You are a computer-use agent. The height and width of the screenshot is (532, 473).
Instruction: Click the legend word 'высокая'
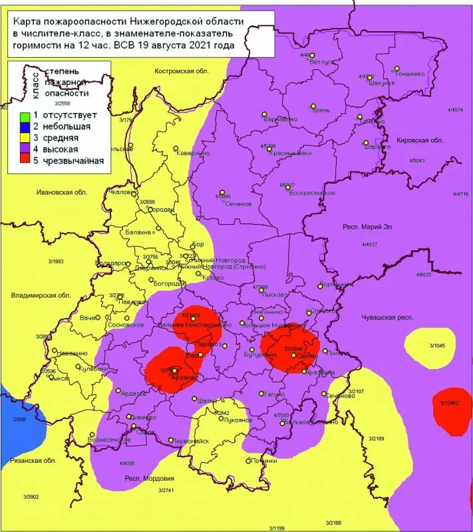click(54, 149)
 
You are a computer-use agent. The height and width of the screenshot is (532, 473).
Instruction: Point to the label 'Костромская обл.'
click(182, 71)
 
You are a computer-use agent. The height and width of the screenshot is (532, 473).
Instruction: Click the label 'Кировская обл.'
click(419, 141)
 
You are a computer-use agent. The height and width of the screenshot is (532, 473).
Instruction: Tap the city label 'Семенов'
click(238, 203)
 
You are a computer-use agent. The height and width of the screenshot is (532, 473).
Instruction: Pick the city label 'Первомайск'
click(191, 442)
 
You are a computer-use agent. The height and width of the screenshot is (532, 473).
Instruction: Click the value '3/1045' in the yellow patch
click(436, 346)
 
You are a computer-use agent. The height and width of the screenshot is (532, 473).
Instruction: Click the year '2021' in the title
click(201, 47)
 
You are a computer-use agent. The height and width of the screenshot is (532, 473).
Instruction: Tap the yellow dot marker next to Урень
click(312, 105)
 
